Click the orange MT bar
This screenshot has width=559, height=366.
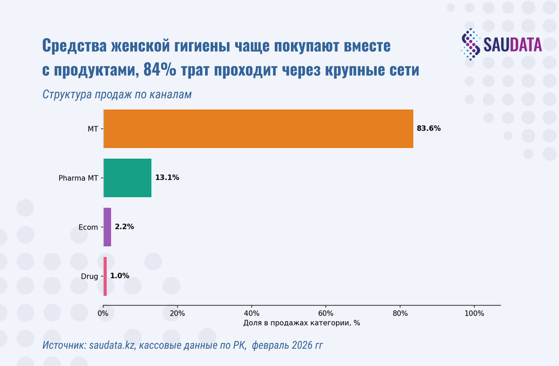point(258,129)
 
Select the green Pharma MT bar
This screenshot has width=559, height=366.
point(127,178)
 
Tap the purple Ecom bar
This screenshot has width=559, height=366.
point(107,227)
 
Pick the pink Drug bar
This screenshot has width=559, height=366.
point(105,276)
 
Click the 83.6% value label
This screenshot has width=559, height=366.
point(429,128)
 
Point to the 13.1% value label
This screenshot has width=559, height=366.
point(167,178)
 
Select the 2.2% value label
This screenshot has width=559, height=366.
point(124,227)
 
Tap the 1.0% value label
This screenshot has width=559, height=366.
point(120,276)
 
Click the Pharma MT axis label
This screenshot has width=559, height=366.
point(78,178)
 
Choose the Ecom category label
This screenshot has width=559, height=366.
point(88,227)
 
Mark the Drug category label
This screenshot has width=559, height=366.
point(89,277)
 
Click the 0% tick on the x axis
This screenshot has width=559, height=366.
point(103,313)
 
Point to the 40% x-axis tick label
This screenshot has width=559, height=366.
point(252,313)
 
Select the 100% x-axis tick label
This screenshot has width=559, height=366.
point(474,313)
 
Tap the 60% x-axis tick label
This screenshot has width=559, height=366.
point(326,313)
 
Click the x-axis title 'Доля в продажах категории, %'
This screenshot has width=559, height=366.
point(302,323)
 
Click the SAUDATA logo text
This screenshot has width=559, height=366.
point(513,45)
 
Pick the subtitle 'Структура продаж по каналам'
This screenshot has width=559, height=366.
point(117,94)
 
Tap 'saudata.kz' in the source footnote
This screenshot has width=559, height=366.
point(112,345)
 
